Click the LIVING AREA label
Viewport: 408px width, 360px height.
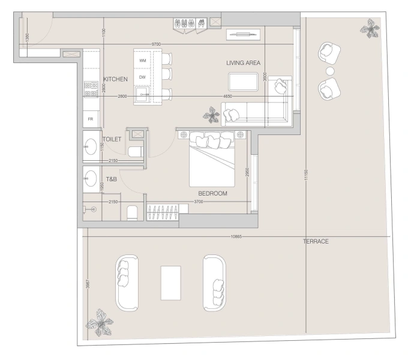point(242,63)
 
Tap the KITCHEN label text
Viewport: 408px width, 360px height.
point(115,80)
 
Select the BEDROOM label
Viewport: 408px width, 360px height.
point(213,194)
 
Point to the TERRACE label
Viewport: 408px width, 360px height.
point(316,241)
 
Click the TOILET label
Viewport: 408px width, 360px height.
point(112,139)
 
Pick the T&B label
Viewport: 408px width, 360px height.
point(112,179)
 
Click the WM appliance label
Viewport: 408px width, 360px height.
point(143,61)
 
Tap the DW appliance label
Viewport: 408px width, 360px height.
point(143,77)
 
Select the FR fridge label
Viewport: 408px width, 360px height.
point(91,119)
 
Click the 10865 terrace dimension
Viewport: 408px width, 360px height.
point(236,236)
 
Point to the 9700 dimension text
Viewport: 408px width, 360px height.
point(156,44)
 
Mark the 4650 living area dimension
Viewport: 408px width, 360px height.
point(228,97)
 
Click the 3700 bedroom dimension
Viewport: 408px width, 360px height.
point(199,202)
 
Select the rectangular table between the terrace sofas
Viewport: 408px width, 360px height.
point(170,283)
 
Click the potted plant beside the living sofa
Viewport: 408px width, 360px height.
point(211,114)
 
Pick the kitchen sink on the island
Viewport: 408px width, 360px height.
point(142,94)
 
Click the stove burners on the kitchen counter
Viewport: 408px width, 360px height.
point(91,89)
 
